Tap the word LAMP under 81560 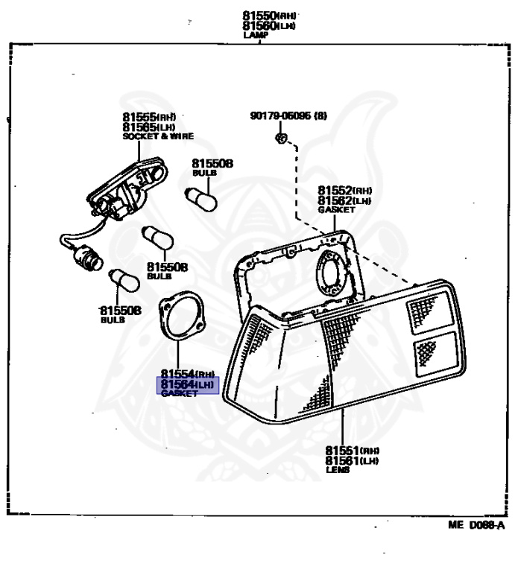254,34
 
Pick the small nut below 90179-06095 281,139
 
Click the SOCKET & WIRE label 157,136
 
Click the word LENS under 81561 337,470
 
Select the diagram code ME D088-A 476,525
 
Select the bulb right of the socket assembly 201,198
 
